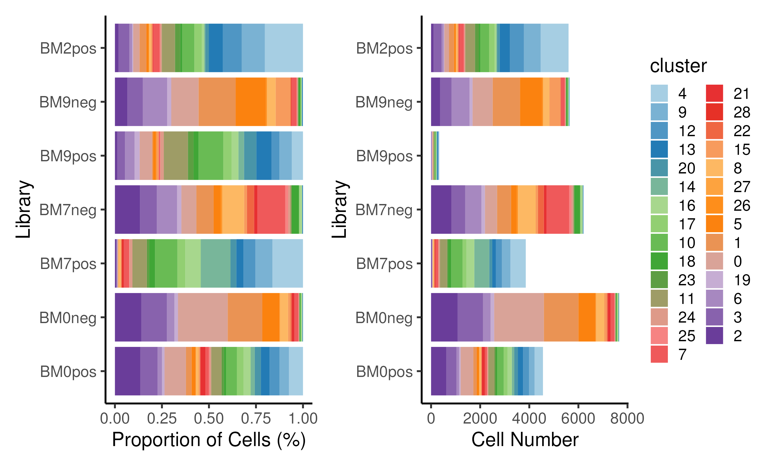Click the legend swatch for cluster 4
(659, 93)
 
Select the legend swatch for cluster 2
(714, 336)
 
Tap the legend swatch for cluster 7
(659, 354)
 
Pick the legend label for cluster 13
(687, 149)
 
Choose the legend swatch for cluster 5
(714, 224)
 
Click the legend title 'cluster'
(678, 66)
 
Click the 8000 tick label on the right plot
(627, 419)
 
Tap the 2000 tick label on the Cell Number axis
(480, 419)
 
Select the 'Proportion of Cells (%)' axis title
(208, 440)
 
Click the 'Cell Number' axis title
(525, 440)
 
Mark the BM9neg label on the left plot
(68, 102)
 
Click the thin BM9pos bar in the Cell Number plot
(435, 156)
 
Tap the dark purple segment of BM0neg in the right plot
(444, 317)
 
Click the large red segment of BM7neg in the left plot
(271, 209)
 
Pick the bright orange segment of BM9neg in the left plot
(251, 102)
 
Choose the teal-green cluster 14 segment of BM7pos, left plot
(215, 264)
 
